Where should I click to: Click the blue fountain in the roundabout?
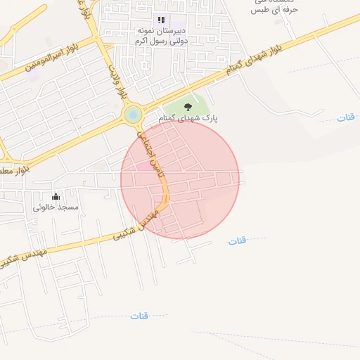point(132,114)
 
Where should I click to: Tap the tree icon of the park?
point(188,106)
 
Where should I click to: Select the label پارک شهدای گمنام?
point(188,118)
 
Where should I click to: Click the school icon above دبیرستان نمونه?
point(161,20)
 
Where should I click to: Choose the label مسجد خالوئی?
point(56,207)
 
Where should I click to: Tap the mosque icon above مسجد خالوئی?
point(56,195)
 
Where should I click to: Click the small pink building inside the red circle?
point(143,166)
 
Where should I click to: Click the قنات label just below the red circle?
point(238,241)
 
